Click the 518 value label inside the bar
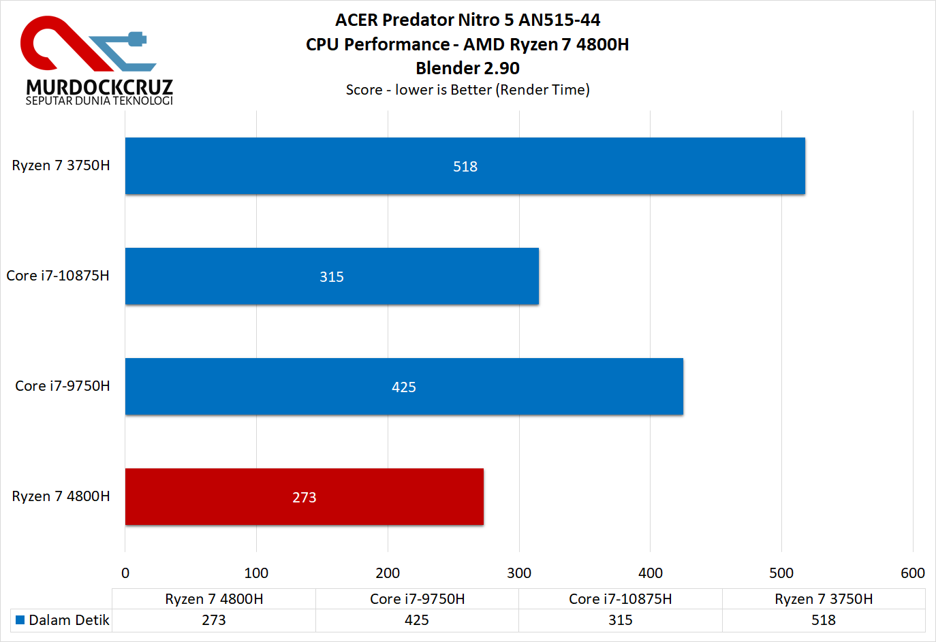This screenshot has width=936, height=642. tap(465, 167)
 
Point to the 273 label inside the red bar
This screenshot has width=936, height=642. tap(305, 498)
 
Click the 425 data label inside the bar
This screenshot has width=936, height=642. tap(404, 387)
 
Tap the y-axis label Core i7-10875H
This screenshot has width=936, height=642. tap(58, 276)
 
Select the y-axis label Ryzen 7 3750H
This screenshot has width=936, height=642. tap(61, 165)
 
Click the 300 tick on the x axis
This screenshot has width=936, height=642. tap(519, 573)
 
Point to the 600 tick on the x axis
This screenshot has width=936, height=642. tap(912, 573)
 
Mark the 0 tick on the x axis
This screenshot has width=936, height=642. tap(125, 573)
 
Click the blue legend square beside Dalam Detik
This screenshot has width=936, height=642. tap(20, 620)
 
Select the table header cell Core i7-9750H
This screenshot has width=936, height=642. tap(417, 599)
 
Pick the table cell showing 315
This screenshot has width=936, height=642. tap(620, 620)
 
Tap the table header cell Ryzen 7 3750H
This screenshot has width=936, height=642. tap(824, 599)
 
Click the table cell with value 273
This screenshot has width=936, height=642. tap(214, 620)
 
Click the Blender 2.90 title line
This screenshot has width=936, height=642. tap(467, 68)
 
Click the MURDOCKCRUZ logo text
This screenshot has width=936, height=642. tap(99, 87)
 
